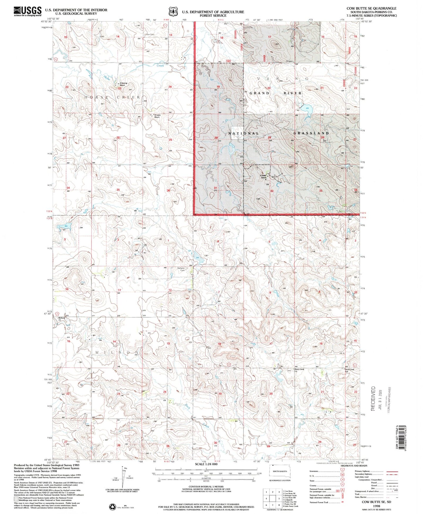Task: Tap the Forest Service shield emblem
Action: [x=173, y=12]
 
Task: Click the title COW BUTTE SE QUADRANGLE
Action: [x=371, y=8]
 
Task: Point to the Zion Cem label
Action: [x=150, y=35]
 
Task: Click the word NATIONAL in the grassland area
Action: [x=244, y=133]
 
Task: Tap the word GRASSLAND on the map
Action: [x=311, y=133]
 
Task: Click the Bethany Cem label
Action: [x=181, y=269]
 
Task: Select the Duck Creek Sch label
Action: [x=349, y=370]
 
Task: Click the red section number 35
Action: [x=118, y=190]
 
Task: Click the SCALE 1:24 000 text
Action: [x=206, y=464]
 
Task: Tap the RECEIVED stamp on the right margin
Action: [x=373, y=398]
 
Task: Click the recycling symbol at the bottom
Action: [x=112, y=506]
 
